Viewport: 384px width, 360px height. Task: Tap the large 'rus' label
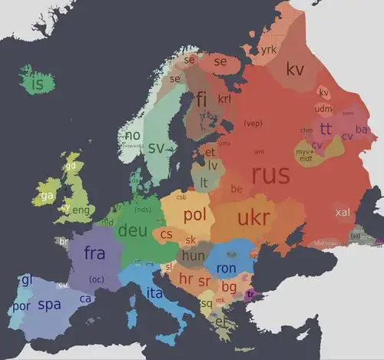pos(270,175)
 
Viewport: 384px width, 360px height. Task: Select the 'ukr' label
pos(253,217)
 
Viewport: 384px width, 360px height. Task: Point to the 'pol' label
pos(195,215)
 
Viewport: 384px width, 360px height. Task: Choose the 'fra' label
pos(94,253)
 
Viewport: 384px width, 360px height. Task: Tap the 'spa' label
pos(49,305)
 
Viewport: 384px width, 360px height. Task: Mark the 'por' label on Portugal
pos(19,306)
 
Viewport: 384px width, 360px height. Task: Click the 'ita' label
pos(154,293)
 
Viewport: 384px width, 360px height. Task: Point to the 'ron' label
pos(226,269)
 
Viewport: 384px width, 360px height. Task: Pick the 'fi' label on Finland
pos(202,98)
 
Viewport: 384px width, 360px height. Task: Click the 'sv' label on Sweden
pos(157,147)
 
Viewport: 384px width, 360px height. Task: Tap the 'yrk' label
pos(268,50)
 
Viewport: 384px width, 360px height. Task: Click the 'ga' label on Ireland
pos(47,195)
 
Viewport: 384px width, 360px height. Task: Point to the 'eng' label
pos(81,210)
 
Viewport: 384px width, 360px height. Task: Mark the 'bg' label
pos(229,287)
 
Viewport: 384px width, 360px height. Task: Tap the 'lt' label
pos(204,182)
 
